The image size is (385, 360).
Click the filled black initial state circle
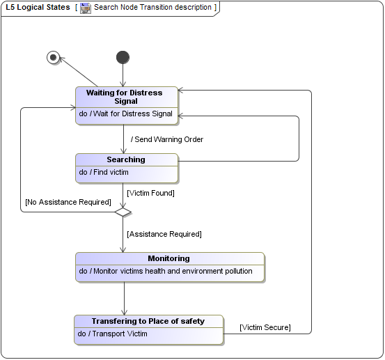coord(123,57)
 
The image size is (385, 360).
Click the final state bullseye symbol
coord(53,57)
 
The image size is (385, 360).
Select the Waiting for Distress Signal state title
coord(125,96)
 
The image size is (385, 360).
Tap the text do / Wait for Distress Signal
coord(125,114)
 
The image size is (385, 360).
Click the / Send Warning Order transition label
coord(167,139)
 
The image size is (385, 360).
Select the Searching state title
coord(126,159)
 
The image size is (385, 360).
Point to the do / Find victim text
coord(104,172)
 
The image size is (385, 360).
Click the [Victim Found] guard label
coord(150,193)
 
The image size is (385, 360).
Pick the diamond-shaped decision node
coord(123,212)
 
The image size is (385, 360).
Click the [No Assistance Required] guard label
coord(68,202)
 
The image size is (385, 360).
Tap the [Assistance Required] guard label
coord(164,234)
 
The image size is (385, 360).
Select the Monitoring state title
coord(168,258)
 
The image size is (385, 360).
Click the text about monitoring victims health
coord(166,271)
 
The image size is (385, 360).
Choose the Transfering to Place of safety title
coord(148,321)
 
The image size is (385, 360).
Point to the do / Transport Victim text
coord(113,334)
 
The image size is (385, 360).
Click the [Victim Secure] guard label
coord(265,327)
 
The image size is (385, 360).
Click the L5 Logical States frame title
coord(38,8)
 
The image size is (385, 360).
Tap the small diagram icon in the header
coord(86,8)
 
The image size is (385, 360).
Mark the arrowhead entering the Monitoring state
coord(124,249)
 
